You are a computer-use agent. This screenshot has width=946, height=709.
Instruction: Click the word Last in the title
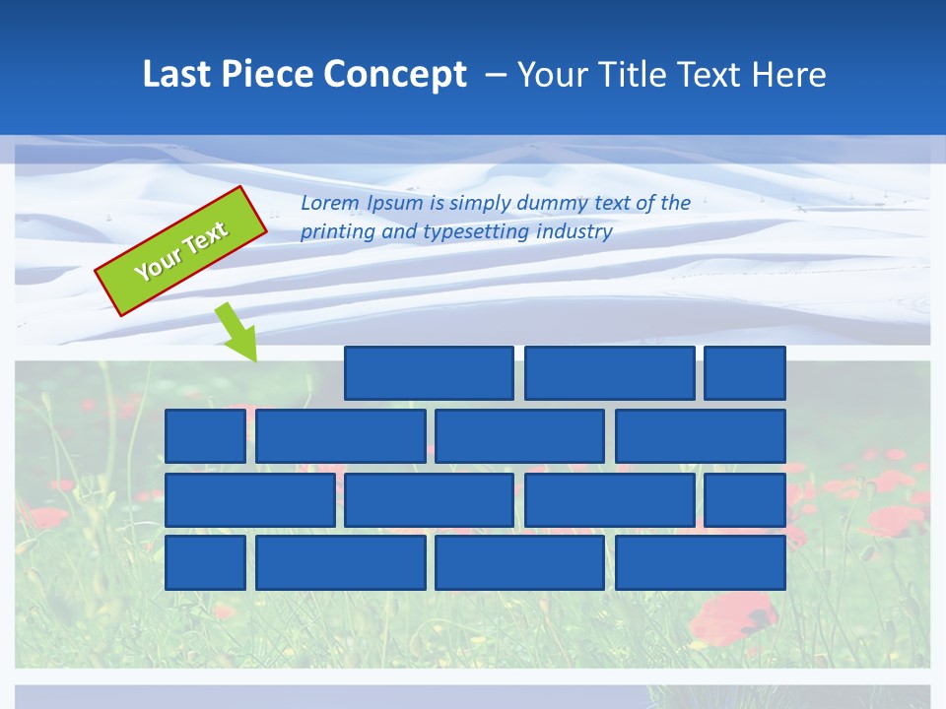(x=177, y=75)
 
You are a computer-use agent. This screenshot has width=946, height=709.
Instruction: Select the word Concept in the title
(x=396, y=75)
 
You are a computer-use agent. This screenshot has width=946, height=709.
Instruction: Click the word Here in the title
(x=788, y=75)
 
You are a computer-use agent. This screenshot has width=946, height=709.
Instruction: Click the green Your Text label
(x=181, y=251)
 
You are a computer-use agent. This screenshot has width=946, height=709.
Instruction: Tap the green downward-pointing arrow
(x=236, y=332)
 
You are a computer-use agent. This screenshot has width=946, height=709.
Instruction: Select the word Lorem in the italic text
(x=329, y=204)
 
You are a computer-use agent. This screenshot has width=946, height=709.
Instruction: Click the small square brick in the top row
(x=745, y=373)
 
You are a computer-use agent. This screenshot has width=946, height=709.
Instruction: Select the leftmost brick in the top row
(x=429, y=373)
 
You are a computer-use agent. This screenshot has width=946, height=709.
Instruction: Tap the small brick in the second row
(x=205, y=435)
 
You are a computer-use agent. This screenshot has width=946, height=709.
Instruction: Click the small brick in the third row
(x=745, y=500)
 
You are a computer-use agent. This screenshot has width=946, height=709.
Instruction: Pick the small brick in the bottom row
(x=205, y=562)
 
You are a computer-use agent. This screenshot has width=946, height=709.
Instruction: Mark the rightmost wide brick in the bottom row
(x=700, y=562)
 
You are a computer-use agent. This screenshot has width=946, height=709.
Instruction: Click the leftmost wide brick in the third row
(x=249, y=500)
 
